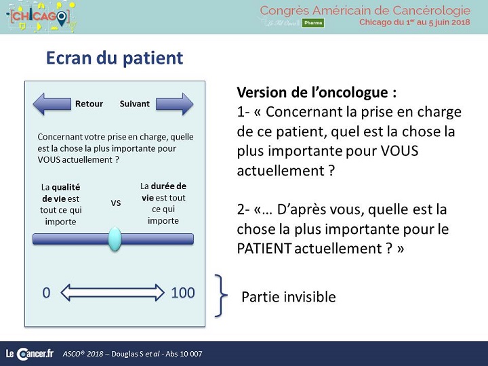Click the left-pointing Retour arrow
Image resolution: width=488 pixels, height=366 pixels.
52,104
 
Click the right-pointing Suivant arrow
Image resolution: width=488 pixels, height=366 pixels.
175,104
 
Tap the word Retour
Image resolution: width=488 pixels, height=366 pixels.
89,104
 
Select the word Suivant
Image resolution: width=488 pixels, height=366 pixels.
134,104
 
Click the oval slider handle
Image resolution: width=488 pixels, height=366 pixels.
115,239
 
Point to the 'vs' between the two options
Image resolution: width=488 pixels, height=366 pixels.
116,203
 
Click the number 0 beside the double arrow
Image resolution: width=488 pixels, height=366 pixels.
46,293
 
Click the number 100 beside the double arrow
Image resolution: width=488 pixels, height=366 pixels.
183,293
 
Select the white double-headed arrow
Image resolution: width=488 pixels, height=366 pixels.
113,293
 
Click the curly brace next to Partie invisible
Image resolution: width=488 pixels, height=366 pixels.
221,296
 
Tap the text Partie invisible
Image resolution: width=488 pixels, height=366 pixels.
289,297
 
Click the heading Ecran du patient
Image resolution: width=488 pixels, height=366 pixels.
115,58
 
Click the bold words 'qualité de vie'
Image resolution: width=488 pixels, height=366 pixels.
61,193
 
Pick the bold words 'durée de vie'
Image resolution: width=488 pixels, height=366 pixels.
164,192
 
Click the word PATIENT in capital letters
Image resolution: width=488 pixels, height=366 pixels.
264,248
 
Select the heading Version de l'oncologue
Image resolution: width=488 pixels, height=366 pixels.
317,92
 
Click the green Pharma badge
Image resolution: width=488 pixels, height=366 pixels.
313,23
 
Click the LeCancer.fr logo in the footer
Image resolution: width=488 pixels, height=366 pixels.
30,354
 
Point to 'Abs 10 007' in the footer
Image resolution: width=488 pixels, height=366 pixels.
184,354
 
